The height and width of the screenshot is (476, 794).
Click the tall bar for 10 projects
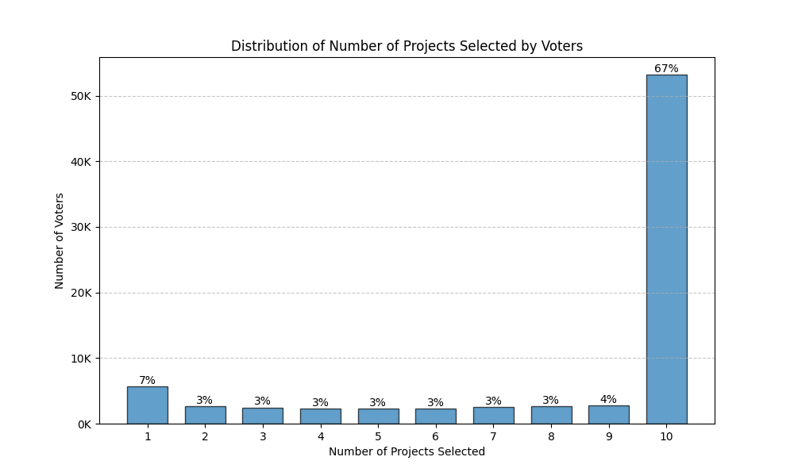point(666,249)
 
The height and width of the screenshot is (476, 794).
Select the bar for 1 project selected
point(147,405)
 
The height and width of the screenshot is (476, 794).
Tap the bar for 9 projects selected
point(608,415)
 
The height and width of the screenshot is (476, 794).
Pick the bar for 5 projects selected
point(378,416)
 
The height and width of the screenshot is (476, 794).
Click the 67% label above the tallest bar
point(666,69)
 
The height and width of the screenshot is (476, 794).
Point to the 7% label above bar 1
point(147,381)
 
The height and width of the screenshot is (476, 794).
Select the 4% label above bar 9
point(608,400)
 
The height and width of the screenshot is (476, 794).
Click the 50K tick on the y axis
point(81,96)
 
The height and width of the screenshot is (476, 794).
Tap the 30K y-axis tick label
point(81,227)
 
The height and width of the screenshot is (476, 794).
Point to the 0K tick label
point(84,424)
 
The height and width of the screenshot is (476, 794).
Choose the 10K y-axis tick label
point(81,359)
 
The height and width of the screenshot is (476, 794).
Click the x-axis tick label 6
point(435,437)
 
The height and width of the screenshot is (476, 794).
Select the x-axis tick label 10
point(666,437)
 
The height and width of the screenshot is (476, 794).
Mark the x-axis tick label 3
point(262,437)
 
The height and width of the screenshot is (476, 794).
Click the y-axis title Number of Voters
point(60,240)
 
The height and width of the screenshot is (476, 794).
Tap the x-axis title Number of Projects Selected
point(407,452)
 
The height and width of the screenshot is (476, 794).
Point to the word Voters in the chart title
point(563,46)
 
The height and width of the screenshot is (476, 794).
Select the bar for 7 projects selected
point(493,416)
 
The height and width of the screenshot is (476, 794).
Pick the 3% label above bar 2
point(205,401)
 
